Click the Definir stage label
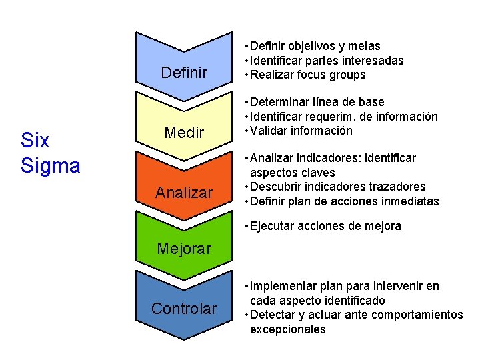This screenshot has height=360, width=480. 184,73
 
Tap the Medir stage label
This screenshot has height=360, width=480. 184,133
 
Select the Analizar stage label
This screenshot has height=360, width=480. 184,193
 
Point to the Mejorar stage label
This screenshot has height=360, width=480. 184,249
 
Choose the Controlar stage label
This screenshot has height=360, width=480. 184,309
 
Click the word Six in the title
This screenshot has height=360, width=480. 35,141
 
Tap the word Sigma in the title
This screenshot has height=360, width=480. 50,165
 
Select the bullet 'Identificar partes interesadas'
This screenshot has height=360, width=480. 327,61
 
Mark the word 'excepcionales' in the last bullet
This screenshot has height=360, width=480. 287,329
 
